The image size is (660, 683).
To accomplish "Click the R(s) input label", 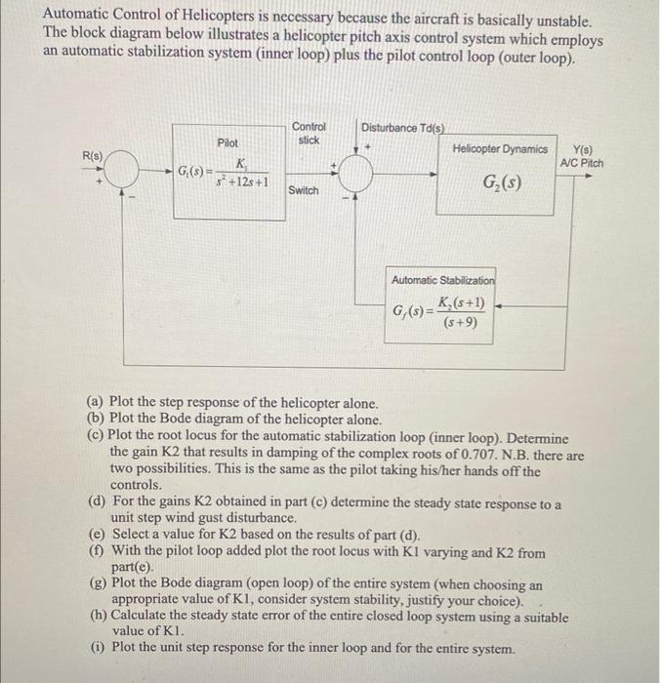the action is [93, 156].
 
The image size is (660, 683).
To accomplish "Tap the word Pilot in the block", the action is [227, 142].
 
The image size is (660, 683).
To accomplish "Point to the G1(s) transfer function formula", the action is [223, 173].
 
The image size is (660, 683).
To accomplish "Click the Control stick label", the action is [309, 134].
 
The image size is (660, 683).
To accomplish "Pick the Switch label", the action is [304, 190].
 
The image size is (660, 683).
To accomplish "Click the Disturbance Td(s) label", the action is [403, 128].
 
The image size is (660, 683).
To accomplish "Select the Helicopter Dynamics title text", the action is [500, 149].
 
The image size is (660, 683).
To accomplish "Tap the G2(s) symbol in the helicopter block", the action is [502, 182].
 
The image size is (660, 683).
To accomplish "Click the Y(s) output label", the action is [583, 150].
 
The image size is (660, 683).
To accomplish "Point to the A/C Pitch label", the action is [582, 163].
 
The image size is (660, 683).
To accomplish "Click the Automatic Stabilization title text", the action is [443, 280].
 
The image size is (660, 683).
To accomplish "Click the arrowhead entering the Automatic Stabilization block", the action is [498, 306].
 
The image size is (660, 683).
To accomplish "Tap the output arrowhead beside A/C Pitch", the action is [589, 176].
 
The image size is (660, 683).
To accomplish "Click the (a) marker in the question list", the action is [96, 402].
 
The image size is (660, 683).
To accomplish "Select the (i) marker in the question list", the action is [98, 647].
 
